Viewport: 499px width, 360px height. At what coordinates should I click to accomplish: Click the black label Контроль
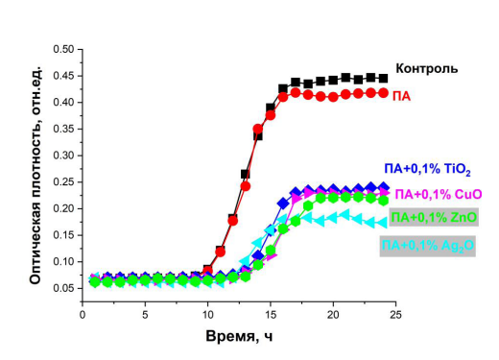point(427,69)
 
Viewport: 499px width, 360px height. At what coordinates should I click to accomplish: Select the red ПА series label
point(401,96)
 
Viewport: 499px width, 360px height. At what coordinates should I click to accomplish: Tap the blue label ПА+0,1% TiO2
point(427,169)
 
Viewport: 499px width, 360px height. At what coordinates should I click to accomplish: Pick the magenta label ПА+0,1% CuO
point(439,194)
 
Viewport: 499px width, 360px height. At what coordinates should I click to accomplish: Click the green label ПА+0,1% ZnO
point(434,218)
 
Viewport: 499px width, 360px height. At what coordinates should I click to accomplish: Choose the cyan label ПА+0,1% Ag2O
point(428,246)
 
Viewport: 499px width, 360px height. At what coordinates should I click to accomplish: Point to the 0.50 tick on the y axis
point(63,50)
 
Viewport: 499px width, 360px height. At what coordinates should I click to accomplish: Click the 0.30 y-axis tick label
point(63,156)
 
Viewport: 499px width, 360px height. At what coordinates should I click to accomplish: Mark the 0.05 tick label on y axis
point(63,288)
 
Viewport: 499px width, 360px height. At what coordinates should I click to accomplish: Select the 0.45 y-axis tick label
point(63,76)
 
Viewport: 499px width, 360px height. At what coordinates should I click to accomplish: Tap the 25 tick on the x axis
point(395,315)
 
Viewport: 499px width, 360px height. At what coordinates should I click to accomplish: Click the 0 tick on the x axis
point(83,315)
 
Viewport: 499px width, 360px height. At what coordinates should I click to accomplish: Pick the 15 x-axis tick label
point(271,315)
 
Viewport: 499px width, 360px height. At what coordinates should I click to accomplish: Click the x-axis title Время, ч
point(239,337)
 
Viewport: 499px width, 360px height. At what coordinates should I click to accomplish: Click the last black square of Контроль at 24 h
point(383,79)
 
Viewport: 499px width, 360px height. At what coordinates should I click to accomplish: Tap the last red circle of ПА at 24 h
point(383,93)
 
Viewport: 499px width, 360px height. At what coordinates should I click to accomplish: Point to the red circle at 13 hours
point(246,186)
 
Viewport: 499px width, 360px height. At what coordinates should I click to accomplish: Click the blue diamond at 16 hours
point(283,204)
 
